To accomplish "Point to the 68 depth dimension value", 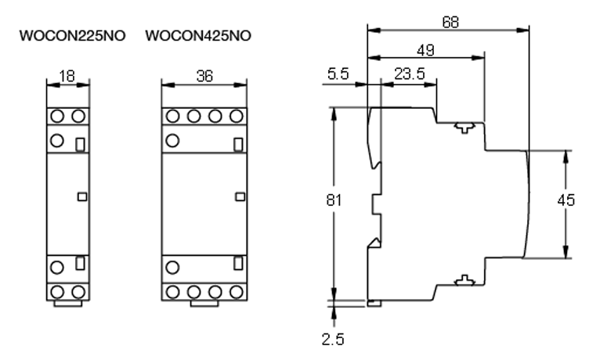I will tap(450, 23).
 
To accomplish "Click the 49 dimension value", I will tap(426, 50).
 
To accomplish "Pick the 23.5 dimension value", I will tap(404, 75).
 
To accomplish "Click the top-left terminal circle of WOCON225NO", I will tap(58, 116).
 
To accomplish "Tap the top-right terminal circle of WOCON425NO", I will tap(233, 116).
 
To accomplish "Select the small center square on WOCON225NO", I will tap(81, 197).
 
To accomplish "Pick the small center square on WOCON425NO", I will tap(236, 197).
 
